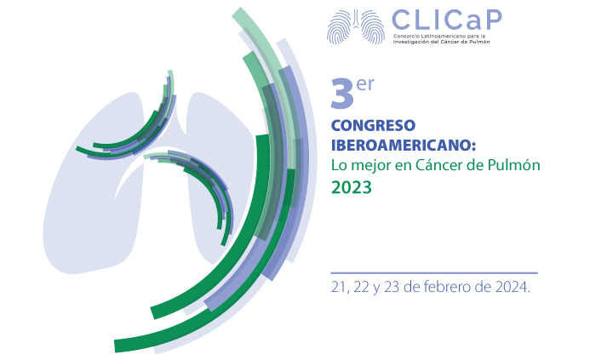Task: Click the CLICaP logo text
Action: tap(447, 20)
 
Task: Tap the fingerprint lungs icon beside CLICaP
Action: tap(356, 26)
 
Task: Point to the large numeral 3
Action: tap(342, 94)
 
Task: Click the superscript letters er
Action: tap(365, 84)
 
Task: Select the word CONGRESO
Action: tap(373, 125)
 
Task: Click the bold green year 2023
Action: tap(352, 187)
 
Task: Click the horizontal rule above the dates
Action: tap(434, 272)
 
